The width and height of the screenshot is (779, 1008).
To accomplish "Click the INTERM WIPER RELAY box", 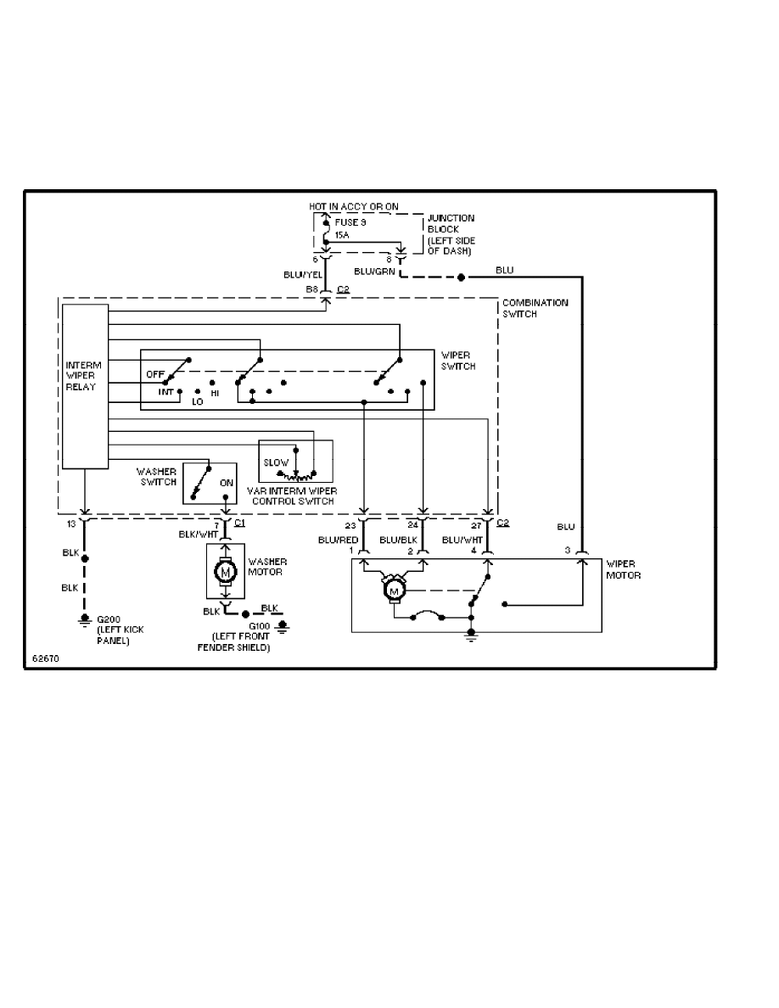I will [85, 386].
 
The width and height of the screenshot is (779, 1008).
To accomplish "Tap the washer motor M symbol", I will [226, 573].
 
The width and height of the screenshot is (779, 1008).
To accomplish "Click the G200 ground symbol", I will [84, 619].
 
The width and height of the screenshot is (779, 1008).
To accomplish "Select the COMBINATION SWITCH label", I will [535, 308].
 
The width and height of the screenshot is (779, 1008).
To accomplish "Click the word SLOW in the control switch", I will [276, 462].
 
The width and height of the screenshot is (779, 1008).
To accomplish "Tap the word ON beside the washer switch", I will [227, 482].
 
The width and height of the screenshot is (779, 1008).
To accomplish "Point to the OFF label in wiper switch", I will [154, 373].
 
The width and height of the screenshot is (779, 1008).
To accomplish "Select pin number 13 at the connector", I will [71, 524].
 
